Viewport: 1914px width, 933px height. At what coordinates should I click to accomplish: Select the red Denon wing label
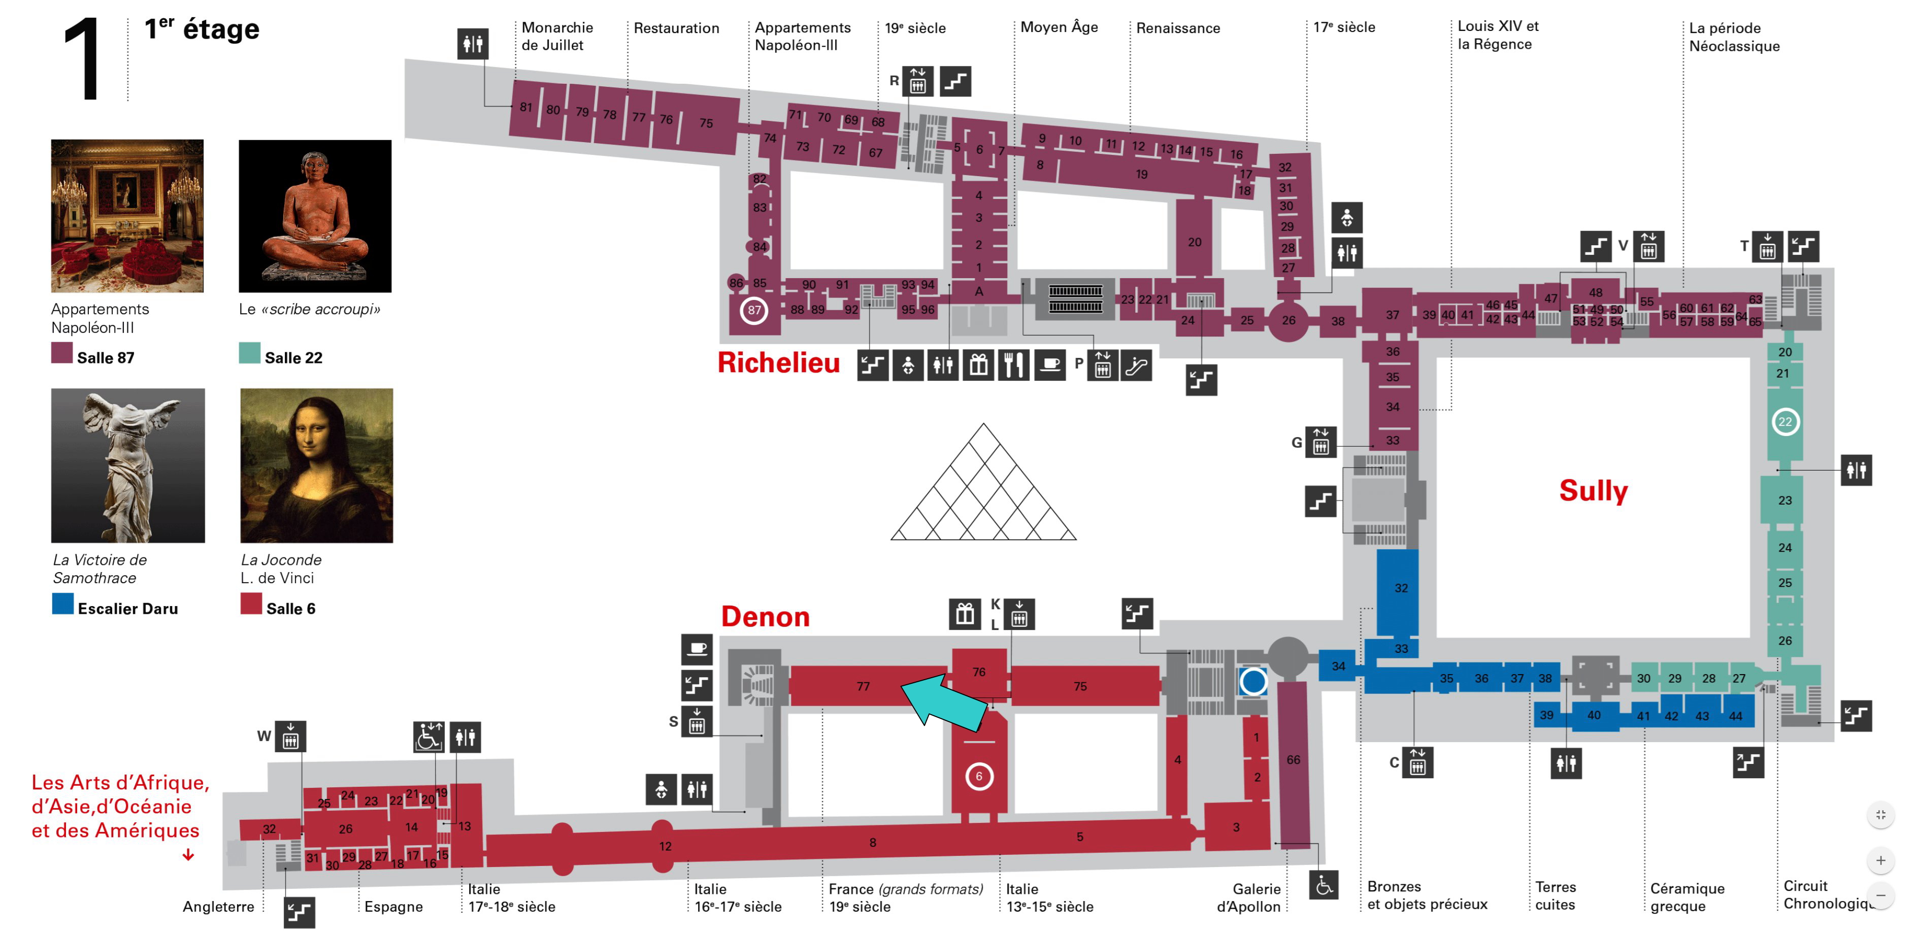[x=765, y=617]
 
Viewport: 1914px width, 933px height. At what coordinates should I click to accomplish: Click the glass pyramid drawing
[x=983, y=490]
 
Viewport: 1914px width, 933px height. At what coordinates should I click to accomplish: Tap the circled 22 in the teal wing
[x=1784, y=422]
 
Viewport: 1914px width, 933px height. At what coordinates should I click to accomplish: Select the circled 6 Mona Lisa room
[x=978, y=776]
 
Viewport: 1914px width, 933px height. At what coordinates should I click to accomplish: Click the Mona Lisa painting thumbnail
[x=316, y=465]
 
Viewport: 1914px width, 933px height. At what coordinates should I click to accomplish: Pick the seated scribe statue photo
[x=315, y=216]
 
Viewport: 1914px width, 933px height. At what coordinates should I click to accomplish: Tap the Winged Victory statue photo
[x=128, y=465]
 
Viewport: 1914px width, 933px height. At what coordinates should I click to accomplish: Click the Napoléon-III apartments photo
[x=127, y=216]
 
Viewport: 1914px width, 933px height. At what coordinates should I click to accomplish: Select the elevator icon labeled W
[x=290, y=737]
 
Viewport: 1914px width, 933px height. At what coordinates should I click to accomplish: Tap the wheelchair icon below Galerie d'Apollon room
[x=1324, y=885]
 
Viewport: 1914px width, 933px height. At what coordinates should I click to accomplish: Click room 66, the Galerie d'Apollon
[x=1293, y=760]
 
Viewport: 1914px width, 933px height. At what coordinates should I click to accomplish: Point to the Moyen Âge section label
[x=1059, y=27]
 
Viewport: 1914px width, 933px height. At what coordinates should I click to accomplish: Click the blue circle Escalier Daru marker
[x=1252, y=680]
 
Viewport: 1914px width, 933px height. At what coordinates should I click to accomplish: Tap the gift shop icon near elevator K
[x=965, y=614]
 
